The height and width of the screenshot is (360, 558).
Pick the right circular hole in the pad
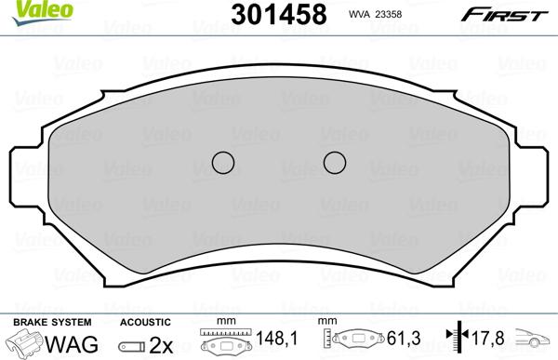click(335, 163)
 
